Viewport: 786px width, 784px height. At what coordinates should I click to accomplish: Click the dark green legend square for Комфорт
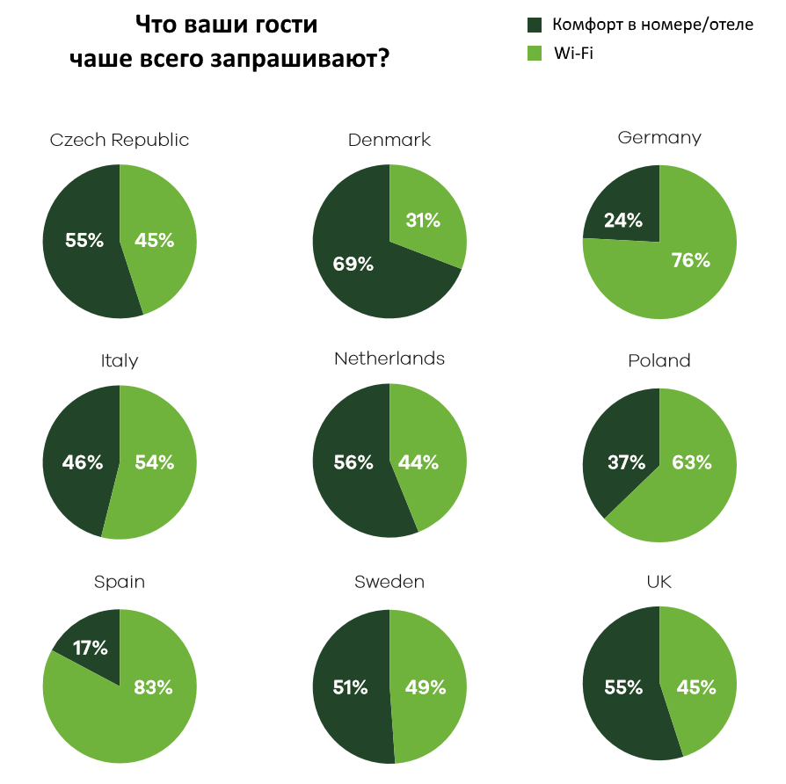(x=534, y=25)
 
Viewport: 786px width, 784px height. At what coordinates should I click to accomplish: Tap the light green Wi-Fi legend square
(x=534, y=54)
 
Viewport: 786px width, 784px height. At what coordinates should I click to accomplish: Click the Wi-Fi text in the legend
(x=575, y=54)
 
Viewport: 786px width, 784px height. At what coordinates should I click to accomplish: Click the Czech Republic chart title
(x=120, y=140)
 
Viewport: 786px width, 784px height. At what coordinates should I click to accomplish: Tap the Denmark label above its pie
(x=389, y=140)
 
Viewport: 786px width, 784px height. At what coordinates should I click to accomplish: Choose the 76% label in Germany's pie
(x=690, y=260)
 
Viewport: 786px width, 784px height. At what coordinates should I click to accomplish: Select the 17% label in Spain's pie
(x=90, y=649)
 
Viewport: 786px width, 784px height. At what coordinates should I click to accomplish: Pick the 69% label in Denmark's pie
(x=353, y=264)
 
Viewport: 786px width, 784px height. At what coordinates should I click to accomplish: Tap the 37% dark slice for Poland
(x=626, y=462)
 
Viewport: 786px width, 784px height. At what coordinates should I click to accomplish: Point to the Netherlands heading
(x=389, y=359)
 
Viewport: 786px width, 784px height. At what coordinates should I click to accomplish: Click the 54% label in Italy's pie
(x=154, y=462)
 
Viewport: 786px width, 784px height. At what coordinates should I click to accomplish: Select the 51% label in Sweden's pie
(x=350, y=687)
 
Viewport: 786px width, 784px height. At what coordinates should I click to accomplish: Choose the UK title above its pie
(x=659, y=582)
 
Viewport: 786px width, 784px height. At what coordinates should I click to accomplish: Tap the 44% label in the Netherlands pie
(x=418, y=462)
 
